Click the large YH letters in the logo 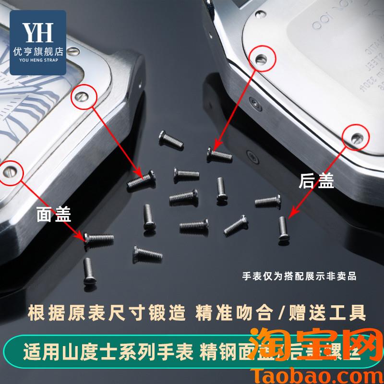[38, 32]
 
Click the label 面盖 [54, 214]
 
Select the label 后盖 [316, 180]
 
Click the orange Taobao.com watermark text [307, 373]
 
